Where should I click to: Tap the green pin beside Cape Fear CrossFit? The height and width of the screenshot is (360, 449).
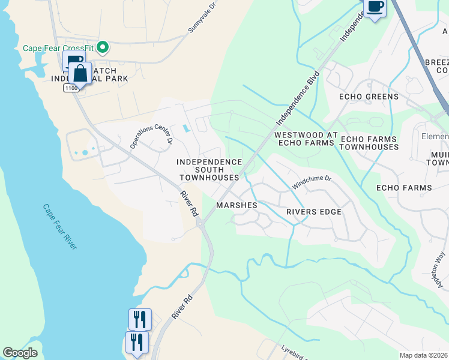[x=103, y=46]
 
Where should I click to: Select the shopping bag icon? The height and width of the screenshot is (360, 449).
[x=80, y=74]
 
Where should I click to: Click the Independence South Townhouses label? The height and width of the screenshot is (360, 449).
[x=209, y=170]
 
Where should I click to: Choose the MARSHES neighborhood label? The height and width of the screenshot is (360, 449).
[x=237, y=205]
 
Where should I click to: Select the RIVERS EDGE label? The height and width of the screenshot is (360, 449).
[x=313, y=212]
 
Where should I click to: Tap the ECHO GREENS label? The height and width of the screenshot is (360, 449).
[x=369, y=97]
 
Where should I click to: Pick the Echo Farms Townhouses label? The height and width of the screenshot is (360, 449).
[x=369, y=143]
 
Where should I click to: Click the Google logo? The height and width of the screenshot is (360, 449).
[x=20, y=353]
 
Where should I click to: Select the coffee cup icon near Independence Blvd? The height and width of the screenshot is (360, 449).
[x=375, y=8]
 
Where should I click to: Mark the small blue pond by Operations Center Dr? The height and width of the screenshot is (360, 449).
[x=185, y=128]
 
